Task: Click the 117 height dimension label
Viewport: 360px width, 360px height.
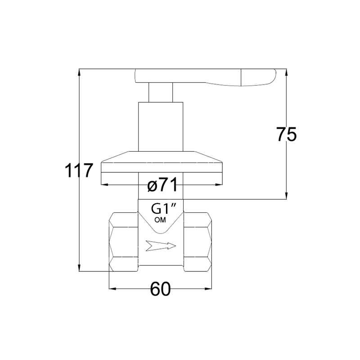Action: tap(79, 171)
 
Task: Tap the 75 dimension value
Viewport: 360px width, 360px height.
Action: tap(286, 134)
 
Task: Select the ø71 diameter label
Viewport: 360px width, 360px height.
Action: tap(162, 184)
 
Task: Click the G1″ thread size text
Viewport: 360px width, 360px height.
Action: tap(163, 209)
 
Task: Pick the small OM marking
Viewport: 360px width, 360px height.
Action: tap(160, 220)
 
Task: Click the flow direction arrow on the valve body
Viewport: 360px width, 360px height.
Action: tap(161, 246)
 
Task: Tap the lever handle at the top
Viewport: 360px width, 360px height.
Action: tap(205, 77)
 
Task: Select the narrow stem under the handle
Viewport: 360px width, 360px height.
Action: tap(161, 92)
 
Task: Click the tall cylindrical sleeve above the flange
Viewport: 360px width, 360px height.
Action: tap(161, 127)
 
